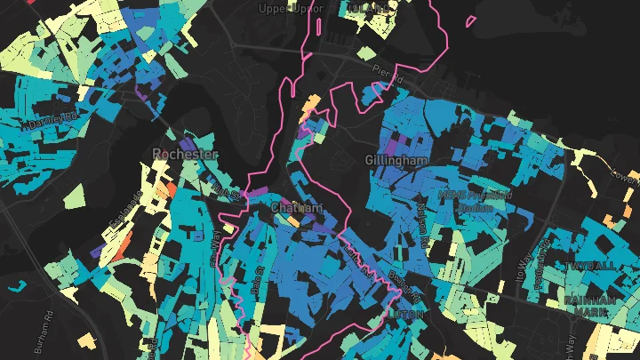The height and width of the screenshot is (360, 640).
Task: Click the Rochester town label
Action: pos(185,154)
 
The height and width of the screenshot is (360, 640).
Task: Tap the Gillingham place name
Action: pos(396,160)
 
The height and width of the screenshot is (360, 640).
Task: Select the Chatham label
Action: pos(296,207)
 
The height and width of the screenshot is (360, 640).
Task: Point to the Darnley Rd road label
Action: pos(42,119)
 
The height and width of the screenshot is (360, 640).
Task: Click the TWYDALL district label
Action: pos(589,266)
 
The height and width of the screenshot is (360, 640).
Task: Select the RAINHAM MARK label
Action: pos(590,306)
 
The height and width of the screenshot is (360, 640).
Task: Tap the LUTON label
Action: pos(405,315)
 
